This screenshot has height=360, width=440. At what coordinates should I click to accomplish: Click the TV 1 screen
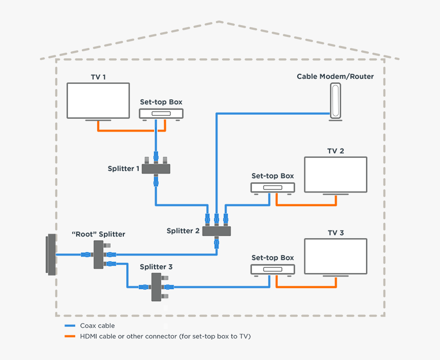click(x=98, y=101)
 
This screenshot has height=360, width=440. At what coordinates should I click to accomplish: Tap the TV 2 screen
click(x=336, y=175)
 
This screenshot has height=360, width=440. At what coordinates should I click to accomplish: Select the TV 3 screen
click(x=336, y=257)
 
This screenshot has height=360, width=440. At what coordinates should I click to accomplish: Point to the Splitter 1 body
click(x=156, y=168)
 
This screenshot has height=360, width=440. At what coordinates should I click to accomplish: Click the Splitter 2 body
click(x=216, y=231)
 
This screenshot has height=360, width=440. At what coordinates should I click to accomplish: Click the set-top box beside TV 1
click(x=161, y=114)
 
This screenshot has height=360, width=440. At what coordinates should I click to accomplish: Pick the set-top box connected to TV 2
click(x=273, y=187)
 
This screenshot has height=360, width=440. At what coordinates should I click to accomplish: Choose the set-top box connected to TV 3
click(x=273, y=269)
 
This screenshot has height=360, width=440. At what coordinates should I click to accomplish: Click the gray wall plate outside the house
click(x=51, y=255)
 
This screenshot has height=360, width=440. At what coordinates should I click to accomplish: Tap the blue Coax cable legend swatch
click(x=70, y=326)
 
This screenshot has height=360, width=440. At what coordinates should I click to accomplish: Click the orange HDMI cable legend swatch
click(x=70, y=336)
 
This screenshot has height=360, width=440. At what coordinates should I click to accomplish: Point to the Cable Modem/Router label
click(x=335, y=77)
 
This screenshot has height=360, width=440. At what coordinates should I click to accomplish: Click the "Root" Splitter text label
click(x=98, y=234)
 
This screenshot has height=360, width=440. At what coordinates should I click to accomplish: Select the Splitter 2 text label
click(x=183, y=231)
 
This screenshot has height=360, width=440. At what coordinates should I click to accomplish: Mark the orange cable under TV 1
click(x=128, y=131)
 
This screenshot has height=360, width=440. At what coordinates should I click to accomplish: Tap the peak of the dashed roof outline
click(x=219, y=22)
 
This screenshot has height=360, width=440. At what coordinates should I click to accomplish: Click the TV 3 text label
click(x=336, y=233)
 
